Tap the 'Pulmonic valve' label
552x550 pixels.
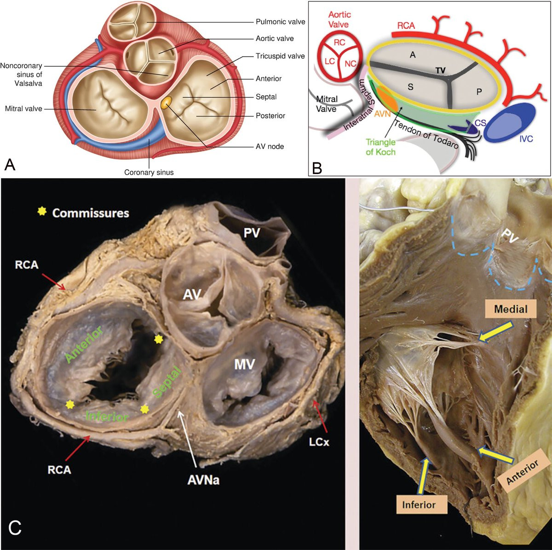click(x=281, y=22)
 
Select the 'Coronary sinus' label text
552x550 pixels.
click(x=149, y=172)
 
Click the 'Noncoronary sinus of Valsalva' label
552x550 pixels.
click(x=21, y=75)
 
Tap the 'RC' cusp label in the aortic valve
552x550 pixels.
click(x=339, y=42)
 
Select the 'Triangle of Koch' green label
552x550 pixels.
click(x=380, y=147)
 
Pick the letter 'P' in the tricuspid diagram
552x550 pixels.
click(x=479, y=92)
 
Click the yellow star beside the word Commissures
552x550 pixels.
click(x=42, y=212)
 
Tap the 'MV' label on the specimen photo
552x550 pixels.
click(x=244, y=365)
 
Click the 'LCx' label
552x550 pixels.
click(x=319, y=442)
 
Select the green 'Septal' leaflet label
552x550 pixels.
click(x=167, y=382)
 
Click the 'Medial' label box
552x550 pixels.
click(x=511, y=309)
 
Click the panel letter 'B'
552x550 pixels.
click(x=317, y=168)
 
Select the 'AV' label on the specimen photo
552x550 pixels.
click(x=192, y=294)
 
